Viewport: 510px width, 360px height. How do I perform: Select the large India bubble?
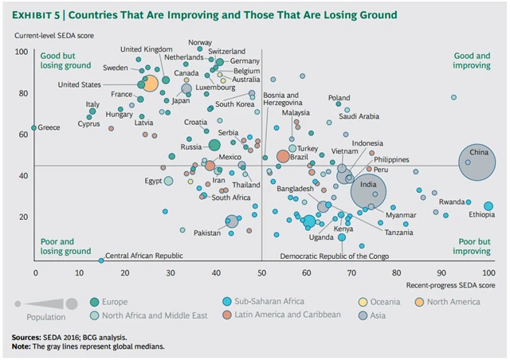point(367,191)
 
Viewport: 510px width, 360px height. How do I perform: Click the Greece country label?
point(49,127)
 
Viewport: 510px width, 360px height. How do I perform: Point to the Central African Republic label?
point(144,256)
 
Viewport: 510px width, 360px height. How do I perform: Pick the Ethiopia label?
point(481,215)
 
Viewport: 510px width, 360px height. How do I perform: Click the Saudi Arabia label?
point(359,115)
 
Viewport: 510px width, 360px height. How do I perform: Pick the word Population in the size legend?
point(34,315)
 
